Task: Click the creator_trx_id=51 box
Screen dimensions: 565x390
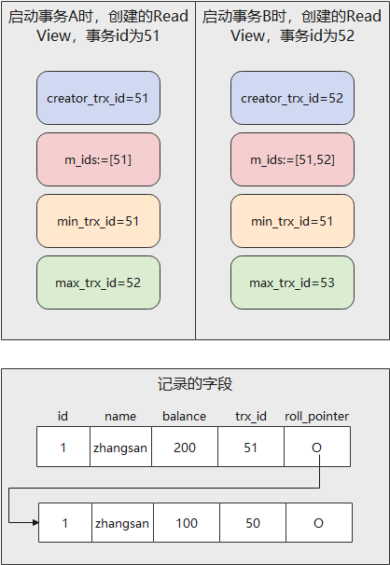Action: click(98, 97)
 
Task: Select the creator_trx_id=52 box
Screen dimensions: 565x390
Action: click(292, 97)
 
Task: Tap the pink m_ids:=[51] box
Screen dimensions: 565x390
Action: click(98, 158)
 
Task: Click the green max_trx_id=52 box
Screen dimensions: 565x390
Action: click(98, 282)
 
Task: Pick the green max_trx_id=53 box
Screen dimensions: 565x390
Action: click(292, 282)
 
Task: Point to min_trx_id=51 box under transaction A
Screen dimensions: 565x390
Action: click(98, 220)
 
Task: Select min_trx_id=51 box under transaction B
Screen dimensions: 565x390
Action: click(292, 220)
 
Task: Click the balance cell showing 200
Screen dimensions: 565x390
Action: click(185, 448)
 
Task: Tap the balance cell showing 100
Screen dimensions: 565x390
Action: click(187, 523)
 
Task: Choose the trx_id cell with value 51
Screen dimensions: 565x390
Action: click(250, 448)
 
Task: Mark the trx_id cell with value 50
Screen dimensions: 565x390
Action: click(252, 523)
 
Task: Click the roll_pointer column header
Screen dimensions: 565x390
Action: click(316, 416)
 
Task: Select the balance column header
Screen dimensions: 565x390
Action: click(185, 416)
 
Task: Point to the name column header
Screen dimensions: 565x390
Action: click(120, 416)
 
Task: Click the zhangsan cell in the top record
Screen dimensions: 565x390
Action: click(120, 448)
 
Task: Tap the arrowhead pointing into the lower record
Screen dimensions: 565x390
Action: click(35, 523)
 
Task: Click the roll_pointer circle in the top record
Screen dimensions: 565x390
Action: click(317, 448)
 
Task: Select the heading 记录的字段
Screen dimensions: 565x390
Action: click(194, 384)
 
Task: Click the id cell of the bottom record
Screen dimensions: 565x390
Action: click(65, 523)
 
